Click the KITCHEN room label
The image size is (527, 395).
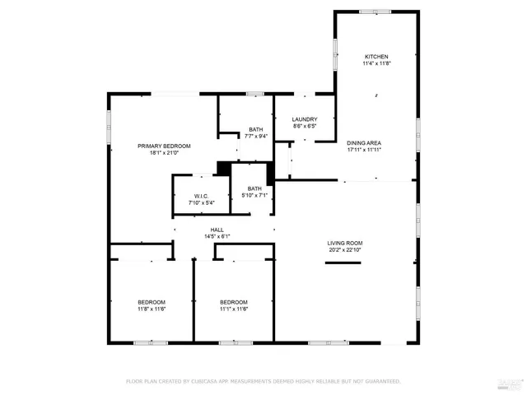377,57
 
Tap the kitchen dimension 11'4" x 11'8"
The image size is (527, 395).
377,64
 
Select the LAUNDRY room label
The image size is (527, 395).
305,120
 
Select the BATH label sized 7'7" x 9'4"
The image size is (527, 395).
255,129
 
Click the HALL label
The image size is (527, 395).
217,230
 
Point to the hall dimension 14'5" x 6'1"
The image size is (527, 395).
217,237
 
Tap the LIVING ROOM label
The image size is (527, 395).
345,243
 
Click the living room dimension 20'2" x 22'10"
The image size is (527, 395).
345,250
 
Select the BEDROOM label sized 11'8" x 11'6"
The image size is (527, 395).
152,302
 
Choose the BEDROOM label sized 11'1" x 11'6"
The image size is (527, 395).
234,302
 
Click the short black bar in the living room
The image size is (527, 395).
343,263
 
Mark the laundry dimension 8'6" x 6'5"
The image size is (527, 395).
305,128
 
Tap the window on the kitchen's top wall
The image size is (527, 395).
370,11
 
